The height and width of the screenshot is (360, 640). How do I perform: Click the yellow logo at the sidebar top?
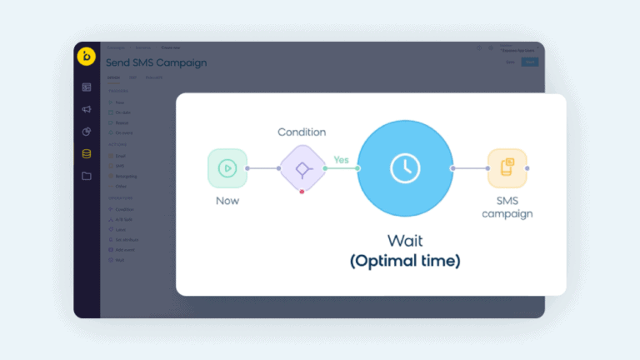pos(87,57)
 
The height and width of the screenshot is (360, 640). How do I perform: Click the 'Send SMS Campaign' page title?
pos(157,62)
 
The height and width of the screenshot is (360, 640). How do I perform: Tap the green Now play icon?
pos(227,168)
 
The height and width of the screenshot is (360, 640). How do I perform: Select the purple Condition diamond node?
pos(302,168)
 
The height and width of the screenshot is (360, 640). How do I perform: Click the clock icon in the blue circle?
pos(405,168)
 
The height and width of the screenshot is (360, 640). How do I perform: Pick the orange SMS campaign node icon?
pos(507,168)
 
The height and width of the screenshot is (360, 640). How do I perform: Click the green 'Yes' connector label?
pos(341,159)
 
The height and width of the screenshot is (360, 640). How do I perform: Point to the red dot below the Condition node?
pos(302,192)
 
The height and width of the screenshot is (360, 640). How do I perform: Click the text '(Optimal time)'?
pos(405,261)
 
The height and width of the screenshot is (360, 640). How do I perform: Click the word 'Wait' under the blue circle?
pos(405,241)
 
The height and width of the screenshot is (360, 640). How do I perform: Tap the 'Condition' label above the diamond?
pos(302,132)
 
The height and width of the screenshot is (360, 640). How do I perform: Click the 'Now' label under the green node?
pos(227,201)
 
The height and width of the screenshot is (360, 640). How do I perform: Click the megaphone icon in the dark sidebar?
pos(87,109)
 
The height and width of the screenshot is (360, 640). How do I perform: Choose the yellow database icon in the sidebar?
pos(87,153)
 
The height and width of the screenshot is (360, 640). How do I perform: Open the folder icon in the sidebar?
pos(87,176)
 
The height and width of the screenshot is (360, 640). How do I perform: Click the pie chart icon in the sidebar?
pos(87,132)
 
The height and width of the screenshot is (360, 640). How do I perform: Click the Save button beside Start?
pos(510,62)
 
